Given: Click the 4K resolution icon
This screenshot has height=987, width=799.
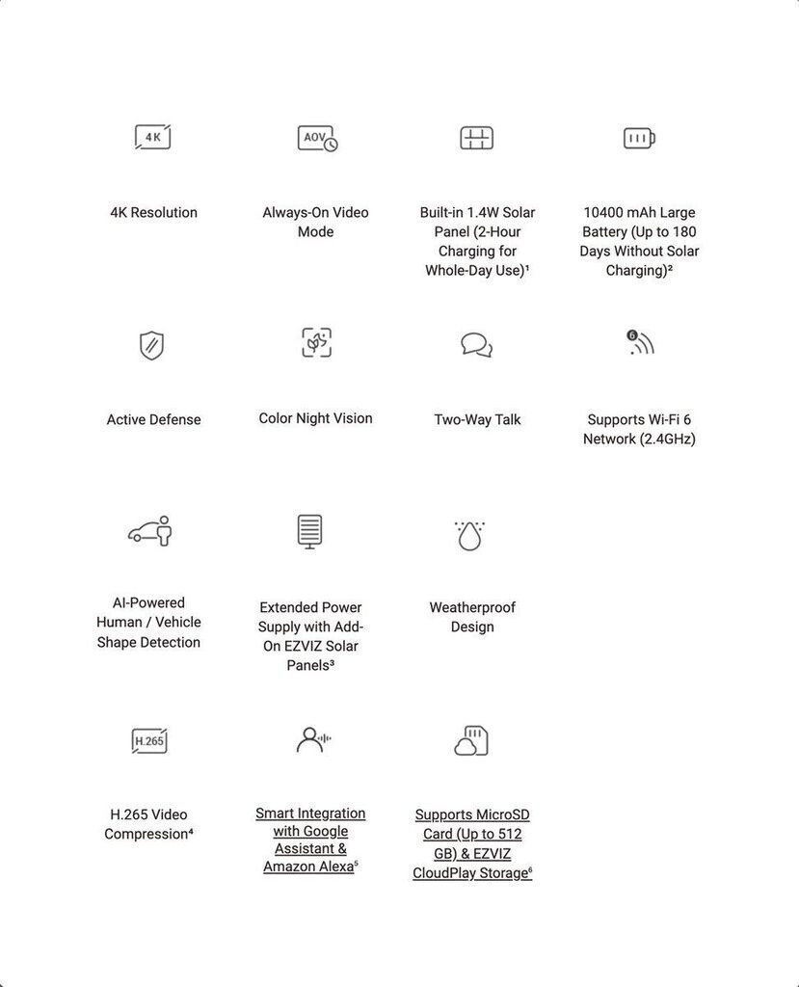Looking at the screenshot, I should click(x=152, y=138).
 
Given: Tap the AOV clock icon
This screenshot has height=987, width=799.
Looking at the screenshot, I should click(x=317, y=139).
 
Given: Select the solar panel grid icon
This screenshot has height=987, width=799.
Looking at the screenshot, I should click(x=476, y=138).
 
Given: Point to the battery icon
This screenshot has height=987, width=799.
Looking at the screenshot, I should click(x=639, y=139).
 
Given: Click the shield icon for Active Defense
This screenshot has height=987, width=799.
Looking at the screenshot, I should click(x=151, y=345).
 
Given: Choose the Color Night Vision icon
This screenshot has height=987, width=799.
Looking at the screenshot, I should click(x=316, y=342).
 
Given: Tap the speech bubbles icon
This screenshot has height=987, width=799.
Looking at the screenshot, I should click(x=476, y=344).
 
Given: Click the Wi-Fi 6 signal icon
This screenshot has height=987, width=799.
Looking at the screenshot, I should click(x=640, y=342).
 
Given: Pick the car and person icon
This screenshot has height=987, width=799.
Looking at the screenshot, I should click(x=150, y=531).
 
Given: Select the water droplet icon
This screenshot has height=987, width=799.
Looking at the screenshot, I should click(x=469, y=536).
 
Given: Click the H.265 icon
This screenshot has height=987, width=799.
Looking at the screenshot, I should click(x=149, y=741).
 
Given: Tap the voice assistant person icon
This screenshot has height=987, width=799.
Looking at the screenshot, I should click(x=312, y=740).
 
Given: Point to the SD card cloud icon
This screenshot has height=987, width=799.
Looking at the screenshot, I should click(x=471, y=741).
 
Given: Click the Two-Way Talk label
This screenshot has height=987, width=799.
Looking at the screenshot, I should click(x=477, y=419).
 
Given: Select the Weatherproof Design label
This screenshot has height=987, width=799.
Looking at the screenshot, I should click(x=472, y=617).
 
